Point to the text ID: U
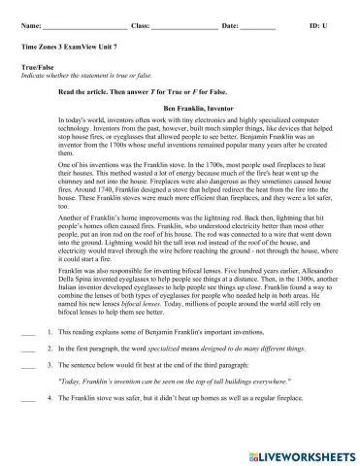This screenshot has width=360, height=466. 318,19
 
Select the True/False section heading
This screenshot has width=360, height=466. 37,66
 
